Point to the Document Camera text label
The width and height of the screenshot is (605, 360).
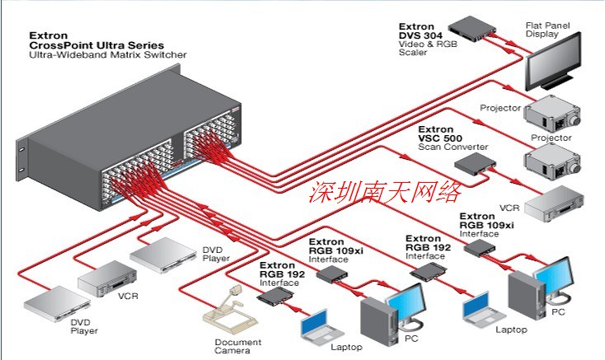pyautogui.click(x=238, y=346)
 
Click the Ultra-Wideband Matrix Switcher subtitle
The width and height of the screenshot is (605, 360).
pyautogui.click(x=108, y=55)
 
